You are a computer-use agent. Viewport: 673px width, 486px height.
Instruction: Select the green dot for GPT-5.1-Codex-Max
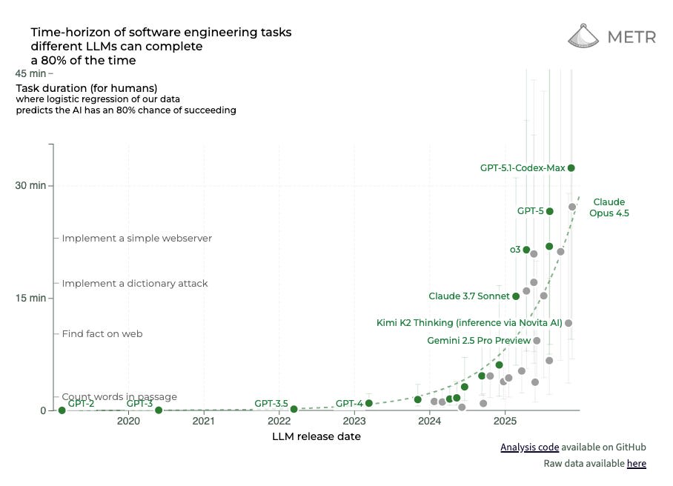tap(571, 168)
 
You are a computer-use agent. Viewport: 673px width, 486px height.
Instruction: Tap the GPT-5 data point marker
tap(549, 211)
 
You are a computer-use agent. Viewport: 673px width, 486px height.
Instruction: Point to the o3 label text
tap(514, 250)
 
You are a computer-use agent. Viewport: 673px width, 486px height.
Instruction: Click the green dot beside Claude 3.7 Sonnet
tap(516, 296)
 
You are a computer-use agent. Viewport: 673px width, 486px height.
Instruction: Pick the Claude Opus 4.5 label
tap(609, 207)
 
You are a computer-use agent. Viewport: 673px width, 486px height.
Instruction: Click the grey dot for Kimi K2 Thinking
tap(568, 323)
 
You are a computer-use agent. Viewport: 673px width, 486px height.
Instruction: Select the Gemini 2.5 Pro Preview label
tap(479, 341)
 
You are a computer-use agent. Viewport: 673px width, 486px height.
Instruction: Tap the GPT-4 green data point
tap(368, 404)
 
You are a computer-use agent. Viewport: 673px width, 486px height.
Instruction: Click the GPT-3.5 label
tap(271, 403)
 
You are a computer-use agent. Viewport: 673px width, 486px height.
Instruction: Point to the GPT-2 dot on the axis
tap(62, 410)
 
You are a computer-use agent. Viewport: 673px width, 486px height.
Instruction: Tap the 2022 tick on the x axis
tap(279, 422)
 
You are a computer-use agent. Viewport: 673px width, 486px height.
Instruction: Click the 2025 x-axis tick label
tap(505, 422)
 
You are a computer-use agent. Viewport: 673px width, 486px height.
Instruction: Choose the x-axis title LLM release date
tap(316, 436)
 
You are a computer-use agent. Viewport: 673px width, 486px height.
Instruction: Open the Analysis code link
tap(529, 447)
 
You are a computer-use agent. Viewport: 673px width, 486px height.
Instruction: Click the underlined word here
tap(636, 464)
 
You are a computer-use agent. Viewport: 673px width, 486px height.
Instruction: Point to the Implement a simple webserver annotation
tap(136, 239)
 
